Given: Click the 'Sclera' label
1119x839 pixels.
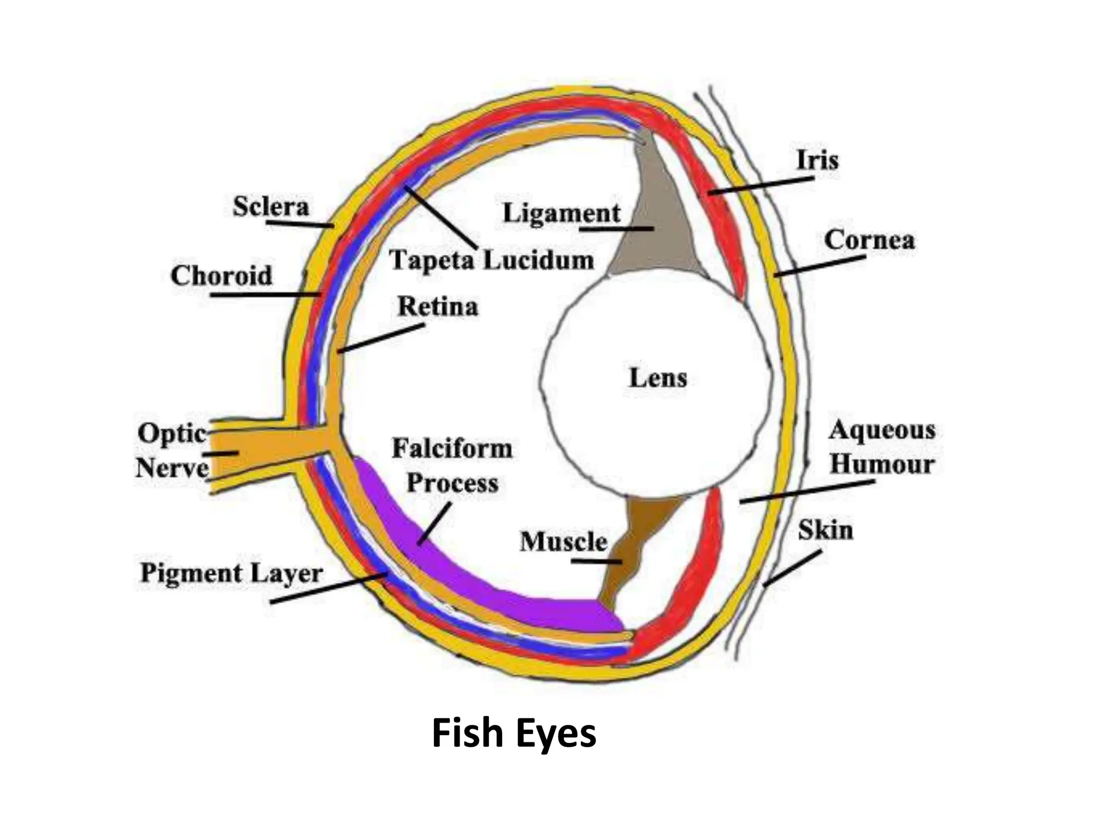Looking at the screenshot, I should [271, 206].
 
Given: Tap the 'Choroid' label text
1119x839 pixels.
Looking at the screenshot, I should [221, 275].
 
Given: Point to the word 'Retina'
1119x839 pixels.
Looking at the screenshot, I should [438, 306].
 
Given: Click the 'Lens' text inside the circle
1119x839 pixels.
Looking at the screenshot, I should [658, 378].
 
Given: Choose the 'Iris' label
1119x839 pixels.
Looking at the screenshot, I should [817, 161].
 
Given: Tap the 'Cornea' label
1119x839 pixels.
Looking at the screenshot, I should [869, 240].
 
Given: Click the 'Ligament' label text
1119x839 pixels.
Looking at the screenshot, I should [562, 213].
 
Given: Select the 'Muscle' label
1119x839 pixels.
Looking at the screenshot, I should [563, 542].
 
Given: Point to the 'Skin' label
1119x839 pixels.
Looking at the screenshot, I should [825, 530].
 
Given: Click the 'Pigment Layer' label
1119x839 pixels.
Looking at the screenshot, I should [232, 574].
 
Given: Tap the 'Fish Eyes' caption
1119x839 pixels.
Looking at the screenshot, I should [514, 734].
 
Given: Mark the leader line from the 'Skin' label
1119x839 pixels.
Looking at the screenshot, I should [792, 568].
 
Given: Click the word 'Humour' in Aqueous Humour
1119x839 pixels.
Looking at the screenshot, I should [882, 465].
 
